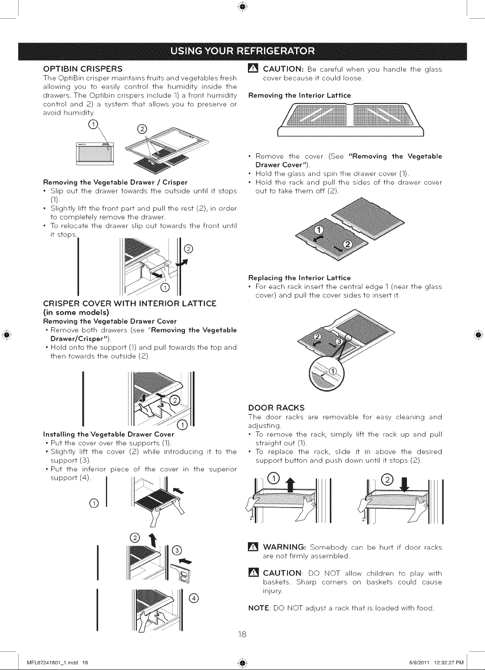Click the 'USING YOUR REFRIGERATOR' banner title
(242, 51)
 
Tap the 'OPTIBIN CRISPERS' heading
(83, 69)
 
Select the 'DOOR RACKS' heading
(277, 408)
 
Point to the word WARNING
(284, 547)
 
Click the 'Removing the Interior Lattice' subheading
(300, 96)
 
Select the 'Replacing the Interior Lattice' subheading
(300, 278)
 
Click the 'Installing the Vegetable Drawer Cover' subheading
(109, 434)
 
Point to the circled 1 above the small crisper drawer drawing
(93, 125)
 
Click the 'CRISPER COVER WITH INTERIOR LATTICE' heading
(130, 304)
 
